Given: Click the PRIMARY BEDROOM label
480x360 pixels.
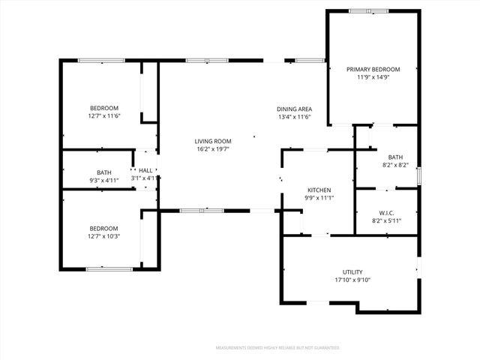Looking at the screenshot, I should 373,70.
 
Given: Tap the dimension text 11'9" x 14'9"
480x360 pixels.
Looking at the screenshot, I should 373,78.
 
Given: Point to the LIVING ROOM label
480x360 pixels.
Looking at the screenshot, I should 213,141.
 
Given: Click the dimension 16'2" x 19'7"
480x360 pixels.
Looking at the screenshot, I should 213,149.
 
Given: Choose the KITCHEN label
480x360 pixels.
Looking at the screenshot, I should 319,190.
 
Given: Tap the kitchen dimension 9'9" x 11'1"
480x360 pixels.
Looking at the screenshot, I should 319,198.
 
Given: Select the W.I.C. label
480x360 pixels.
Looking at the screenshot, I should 387,212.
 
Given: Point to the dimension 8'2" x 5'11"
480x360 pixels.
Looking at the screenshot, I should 387,220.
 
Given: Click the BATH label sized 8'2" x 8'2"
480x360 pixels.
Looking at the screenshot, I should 395,156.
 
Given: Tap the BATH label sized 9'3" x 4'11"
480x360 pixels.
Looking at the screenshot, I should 104,172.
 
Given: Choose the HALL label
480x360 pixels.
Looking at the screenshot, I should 145,170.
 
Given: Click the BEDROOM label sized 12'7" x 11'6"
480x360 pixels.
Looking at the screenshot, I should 104,108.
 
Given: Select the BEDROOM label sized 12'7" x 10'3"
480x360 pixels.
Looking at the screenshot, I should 104,228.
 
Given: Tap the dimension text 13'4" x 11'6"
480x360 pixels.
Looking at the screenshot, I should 295,117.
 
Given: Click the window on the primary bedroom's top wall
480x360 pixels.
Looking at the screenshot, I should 368,10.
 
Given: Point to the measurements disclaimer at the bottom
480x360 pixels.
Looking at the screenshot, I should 277,348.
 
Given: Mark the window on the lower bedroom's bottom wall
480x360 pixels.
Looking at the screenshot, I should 109,268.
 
